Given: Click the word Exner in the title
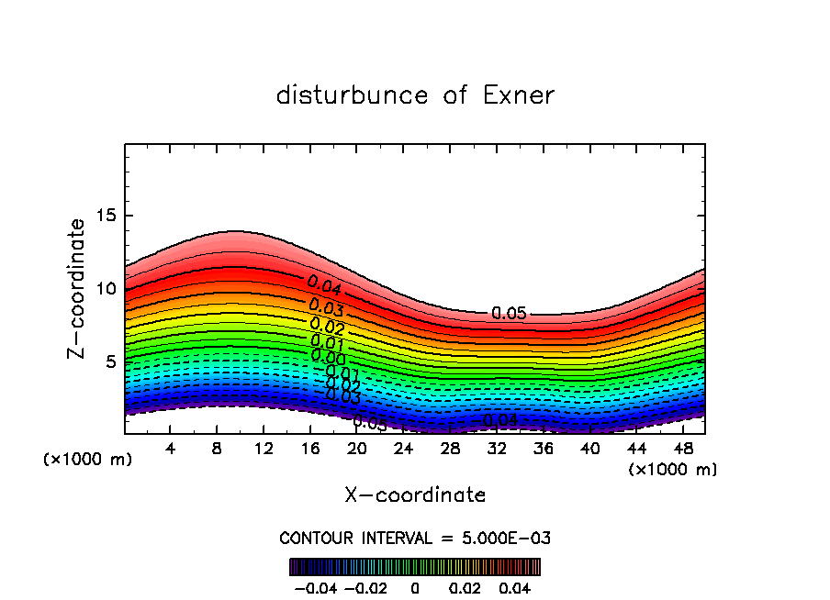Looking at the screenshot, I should [x=519, y=95].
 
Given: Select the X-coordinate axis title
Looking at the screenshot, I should [x=415, y=495].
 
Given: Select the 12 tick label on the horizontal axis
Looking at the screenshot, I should [x=264, y=449].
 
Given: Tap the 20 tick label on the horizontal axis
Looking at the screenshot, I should [x=357, y=449].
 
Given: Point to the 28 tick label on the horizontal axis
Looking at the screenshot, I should [x=450, y=449].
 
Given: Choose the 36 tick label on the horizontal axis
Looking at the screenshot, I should [x=544, y=449].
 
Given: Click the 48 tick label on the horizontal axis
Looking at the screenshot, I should [x=683, y=449].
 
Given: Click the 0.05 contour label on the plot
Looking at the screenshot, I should [x=509, y=314].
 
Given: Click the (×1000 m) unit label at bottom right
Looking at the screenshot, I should [x=673, y=470].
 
